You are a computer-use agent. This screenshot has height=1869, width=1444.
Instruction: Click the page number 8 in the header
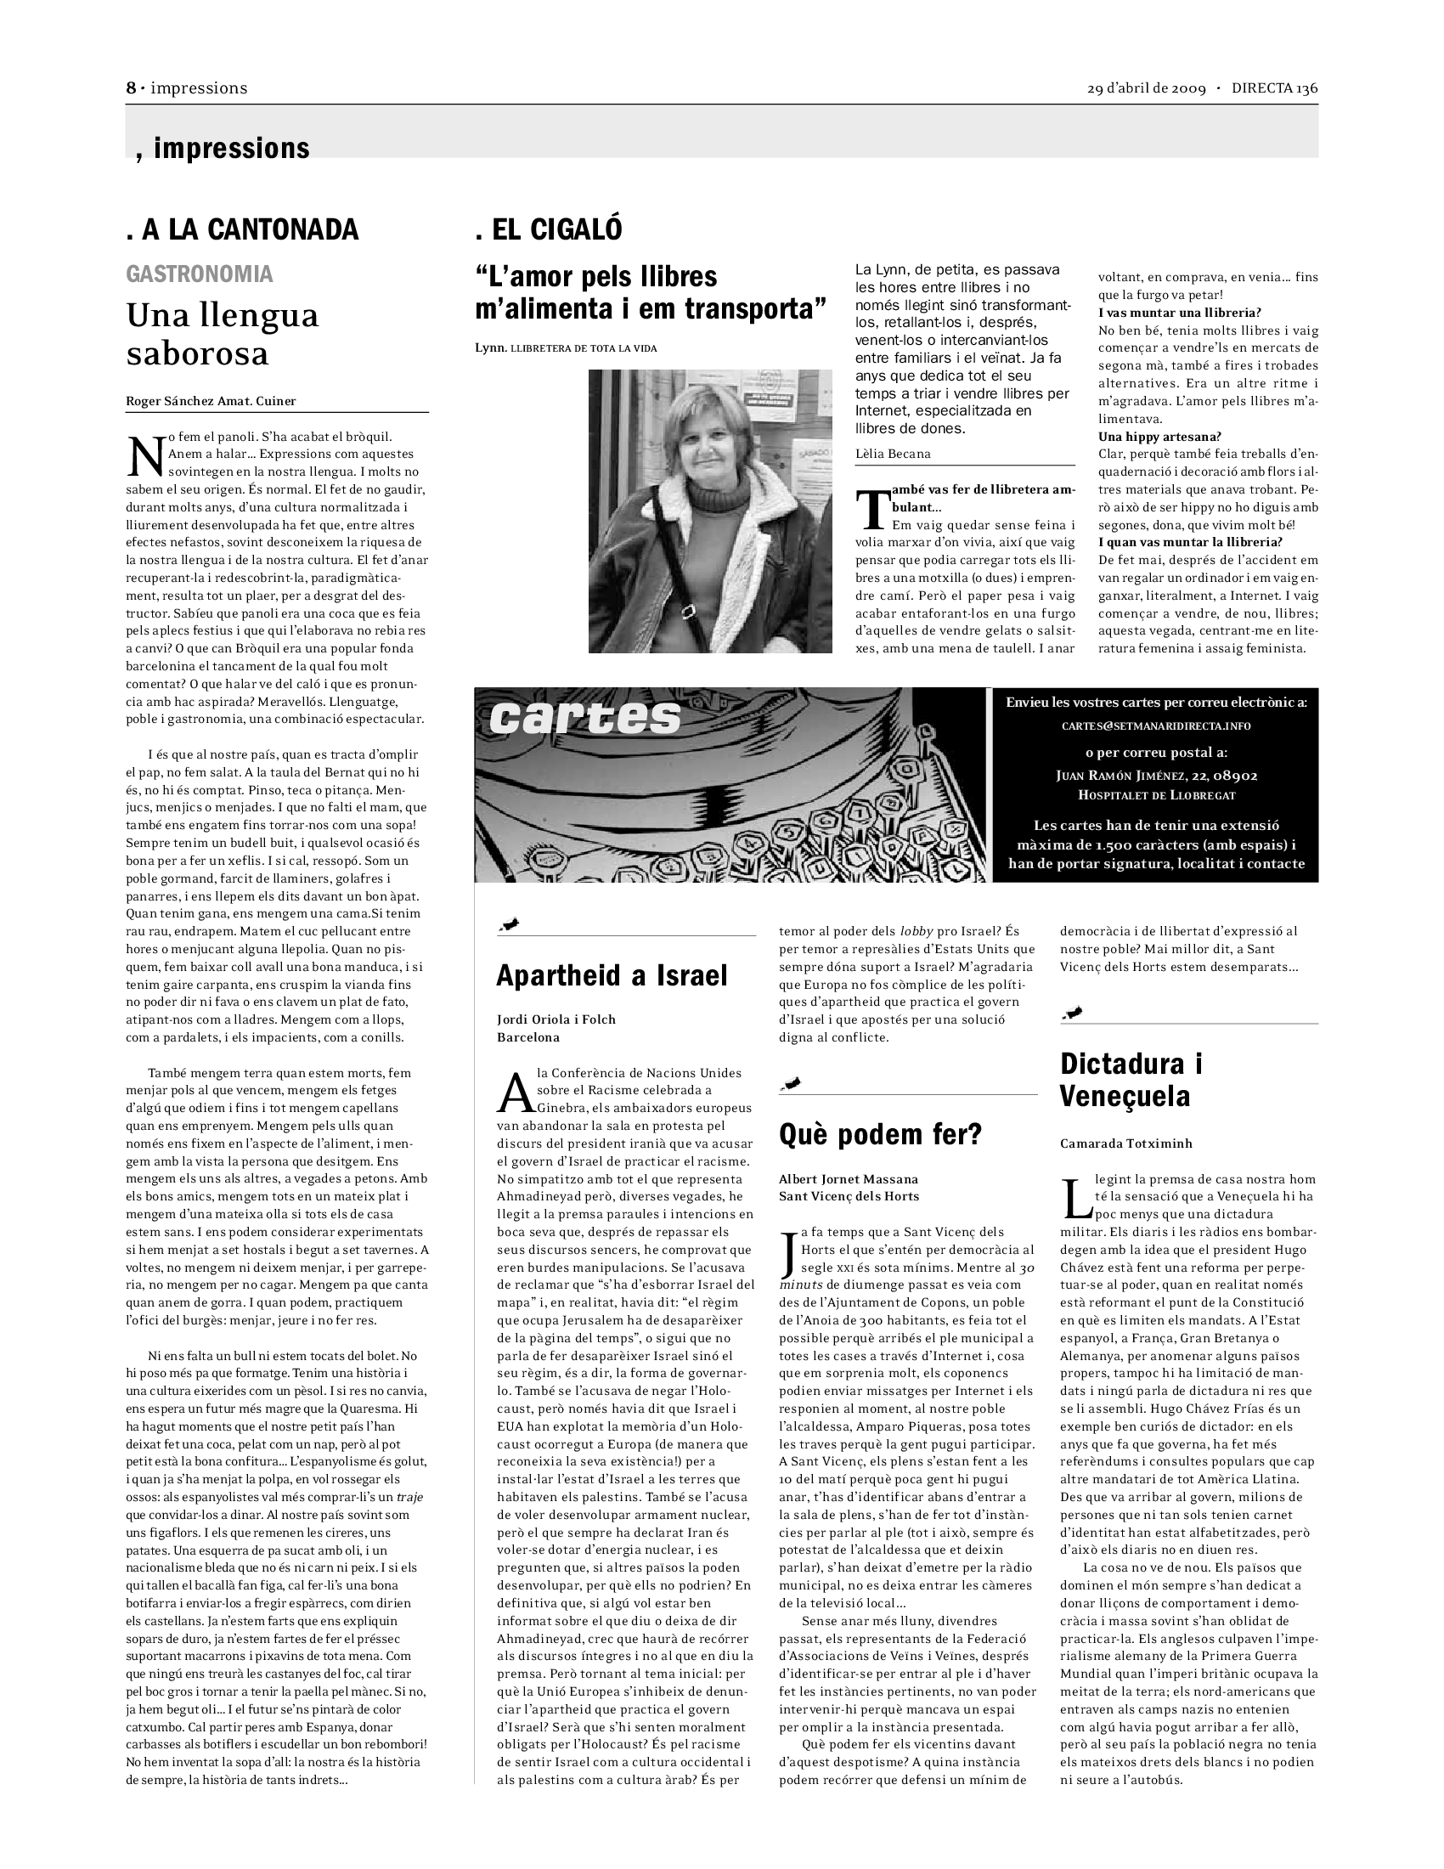click(131, 88)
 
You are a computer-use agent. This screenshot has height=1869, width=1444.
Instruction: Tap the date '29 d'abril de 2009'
click(1147, 88)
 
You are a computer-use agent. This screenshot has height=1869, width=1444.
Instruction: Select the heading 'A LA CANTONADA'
click(242, 229)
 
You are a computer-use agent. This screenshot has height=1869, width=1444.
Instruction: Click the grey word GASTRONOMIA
click(200, 274)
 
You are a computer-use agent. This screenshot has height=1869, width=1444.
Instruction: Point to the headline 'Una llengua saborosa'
click(223, 334)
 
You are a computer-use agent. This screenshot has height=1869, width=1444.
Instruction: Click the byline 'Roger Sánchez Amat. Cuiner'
click(211, 400)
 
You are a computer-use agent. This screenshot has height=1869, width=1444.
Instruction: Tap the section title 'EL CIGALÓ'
click(549, 229)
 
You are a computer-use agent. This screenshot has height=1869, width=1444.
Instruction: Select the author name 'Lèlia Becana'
click(893, 454)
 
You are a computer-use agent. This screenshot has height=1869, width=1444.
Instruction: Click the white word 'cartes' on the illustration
click(585, 717)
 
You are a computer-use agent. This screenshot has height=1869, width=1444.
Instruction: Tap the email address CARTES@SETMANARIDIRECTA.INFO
click(1156, 726)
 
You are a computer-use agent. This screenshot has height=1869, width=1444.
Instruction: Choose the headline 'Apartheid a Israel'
click(612, 974)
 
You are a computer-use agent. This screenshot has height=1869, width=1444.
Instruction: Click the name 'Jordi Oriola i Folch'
click(556, 1019)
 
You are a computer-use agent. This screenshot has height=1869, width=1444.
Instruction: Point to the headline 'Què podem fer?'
click(880, 1134)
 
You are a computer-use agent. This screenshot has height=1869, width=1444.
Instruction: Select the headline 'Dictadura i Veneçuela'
click(1131, 1079)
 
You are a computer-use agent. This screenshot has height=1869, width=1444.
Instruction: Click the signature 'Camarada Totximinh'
click(1125, 1143)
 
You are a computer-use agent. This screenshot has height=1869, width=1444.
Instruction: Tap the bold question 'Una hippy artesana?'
click(1159, 437)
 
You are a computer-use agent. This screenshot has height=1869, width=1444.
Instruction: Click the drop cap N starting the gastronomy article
click(144, 456)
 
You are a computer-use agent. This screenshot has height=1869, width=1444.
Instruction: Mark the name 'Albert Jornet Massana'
click(848, 1178)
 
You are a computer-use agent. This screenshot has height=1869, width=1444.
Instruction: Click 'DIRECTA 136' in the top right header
click(1275, 88)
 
